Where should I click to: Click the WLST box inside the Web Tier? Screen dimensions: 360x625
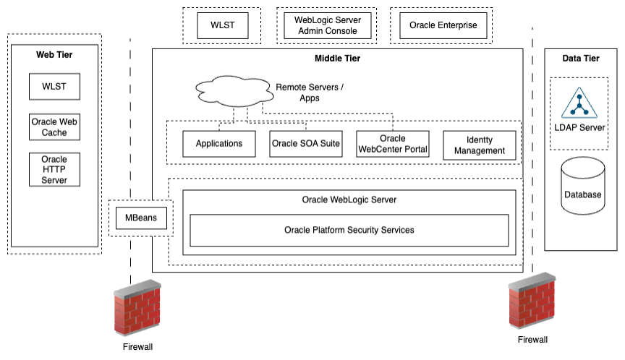coord(54,87)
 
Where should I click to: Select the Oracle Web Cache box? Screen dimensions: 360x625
coord(54,127)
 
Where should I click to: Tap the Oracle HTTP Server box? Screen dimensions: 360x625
coord(54,169)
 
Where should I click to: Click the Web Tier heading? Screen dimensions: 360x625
coord(54,54)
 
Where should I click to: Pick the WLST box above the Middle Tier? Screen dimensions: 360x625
coord(222,25)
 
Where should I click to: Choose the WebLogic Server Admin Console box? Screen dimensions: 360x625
coord(328,25)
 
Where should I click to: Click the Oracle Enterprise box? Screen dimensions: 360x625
coord(443,25)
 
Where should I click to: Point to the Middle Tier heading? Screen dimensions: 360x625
coord(337,59)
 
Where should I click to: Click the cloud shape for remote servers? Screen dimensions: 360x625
coord(231,91)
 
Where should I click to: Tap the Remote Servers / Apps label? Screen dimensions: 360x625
coord(310,92)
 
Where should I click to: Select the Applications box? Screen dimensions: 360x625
coord(219,144)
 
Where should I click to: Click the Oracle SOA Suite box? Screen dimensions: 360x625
coord(306,144)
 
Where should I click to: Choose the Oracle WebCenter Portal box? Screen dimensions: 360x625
coord(393,144)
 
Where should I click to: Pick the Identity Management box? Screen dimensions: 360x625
coord(479,145)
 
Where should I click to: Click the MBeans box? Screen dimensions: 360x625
coord(142,218)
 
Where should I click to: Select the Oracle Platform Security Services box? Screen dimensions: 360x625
coord(349,230)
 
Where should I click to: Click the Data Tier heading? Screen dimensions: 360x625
coord(581,59)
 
